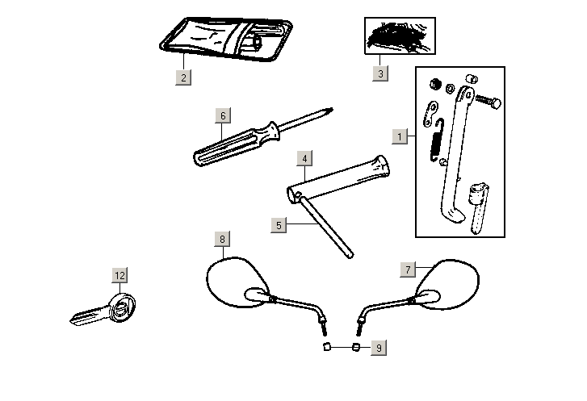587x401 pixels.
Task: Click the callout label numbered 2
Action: (184, 77)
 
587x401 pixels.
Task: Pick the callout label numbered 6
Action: (223, 115)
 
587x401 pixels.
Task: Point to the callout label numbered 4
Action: (304, 158)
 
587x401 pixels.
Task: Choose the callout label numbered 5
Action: (279, 225)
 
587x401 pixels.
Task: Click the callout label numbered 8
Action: (222, 239)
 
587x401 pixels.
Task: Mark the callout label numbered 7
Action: (409, 268)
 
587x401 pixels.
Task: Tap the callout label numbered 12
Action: (119, 276)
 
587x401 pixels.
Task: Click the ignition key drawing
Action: (104, 311)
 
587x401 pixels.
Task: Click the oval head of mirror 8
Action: (235, 282)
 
